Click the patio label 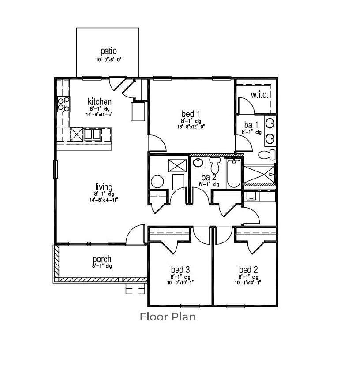(x=108, y=51)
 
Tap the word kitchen (x=99, y=102)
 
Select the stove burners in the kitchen (x=63, y=104)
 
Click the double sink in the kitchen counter (x=92, y=134)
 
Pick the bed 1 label (x=191, y=114)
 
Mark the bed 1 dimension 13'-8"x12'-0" (x=191, y=127)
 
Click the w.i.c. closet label (x=259, y=95)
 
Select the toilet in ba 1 (x=266, y=155)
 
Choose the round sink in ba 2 (x=198, y=163)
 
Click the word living (x=104, y=187)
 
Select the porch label (x=101, y=259)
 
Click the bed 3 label (x=180, y=269)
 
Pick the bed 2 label (x=248, y=269)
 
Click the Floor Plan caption (x=168, y=317)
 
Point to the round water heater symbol (x=157, y=181)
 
